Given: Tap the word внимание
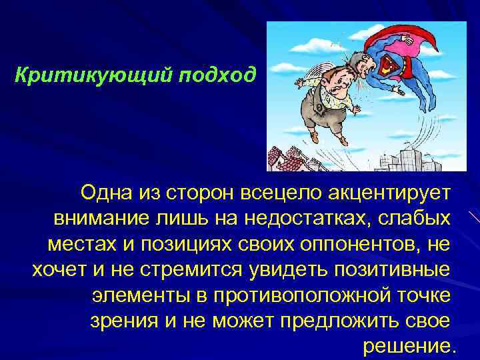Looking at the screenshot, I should point(99,219).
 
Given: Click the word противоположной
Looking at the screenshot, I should point(307,295).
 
